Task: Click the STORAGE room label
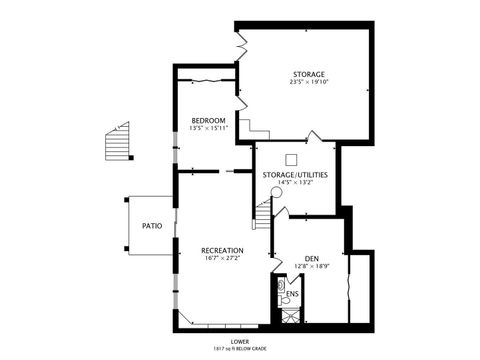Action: click(309, 75)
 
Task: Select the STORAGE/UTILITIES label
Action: click(295, 175)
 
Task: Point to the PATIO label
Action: click(152, 226)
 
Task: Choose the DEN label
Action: click(312, 259)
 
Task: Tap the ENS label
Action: click(292, 294)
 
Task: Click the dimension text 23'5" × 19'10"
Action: click(309, 84)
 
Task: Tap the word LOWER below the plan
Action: click(239, 341)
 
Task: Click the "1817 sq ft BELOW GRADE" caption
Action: click(239, 349)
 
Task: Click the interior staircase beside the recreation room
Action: click(263, 213)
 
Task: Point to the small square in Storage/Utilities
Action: click(292, 158)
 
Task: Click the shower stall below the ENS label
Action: click(289, 316)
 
